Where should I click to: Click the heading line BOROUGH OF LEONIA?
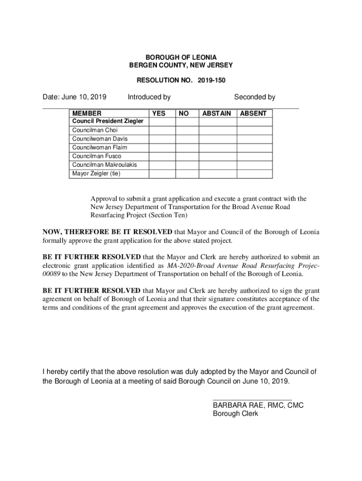click(181, 57)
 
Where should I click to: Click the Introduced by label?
click(149, 97)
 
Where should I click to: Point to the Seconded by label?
click(254, 97)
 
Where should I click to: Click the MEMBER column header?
click(87, 113)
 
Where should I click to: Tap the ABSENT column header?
click(253, 113)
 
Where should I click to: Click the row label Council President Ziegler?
click(108, 121)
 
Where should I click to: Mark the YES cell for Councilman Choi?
click(162, 130)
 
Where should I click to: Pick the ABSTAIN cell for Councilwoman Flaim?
click(217, 147)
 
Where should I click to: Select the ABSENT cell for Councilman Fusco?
click(254, 156)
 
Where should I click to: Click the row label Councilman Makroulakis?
click(104, 165)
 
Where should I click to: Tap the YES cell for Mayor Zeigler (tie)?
click(162, 174)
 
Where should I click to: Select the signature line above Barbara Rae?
click(252, 399)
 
